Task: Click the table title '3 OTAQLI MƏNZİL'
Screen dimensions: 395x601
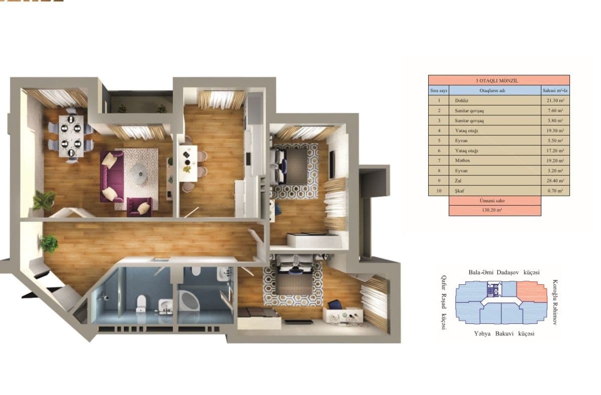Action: [x=499, y=80]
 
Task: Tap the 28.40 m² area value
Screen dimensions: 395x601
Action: [x=555, y=181]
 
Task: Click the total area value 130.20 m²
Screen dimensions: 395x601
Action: [x=495, y=211]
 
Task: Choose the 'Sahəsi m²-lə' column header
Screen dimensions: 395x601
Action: [x=555, y=91]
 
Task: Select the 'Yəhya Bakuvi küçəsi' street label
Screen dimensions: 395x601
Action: [x=503, y=333]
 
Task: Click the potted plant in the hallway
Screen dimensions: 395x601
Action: [x=49, y=244]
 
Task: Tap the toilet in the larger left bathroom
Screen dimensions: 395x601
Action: [x=141, y=302]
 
